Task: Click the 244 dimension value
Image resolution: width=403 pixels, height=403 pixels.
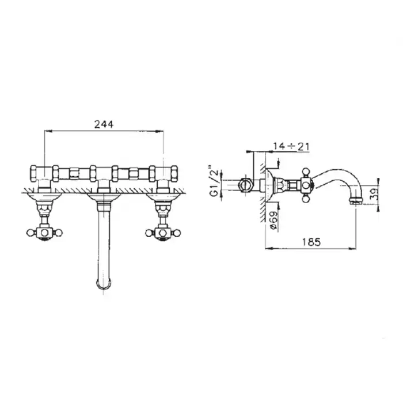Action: [x=104, y=124]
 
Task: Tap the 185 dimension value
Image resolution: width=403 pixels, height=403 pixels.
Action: [x=311, y=242]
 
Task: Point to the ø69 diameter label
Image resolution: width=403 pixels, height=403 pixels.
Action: [x=274, y=220]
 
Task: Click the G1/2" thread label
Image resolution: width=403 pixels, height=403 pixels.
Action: [x=215, y=181]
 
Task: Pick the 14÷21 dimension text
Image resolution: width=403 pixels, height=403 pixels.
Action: [x=291, y=146]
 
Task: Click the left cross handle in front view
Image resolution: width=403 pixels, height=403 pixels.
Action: [x=44, y=233]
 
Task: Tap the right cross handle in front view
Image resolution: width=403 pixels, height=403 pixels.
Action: [x=163, y=233]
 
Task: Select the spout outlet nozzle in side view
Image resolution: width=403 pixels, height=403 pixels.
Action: [x=356, y=199]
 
